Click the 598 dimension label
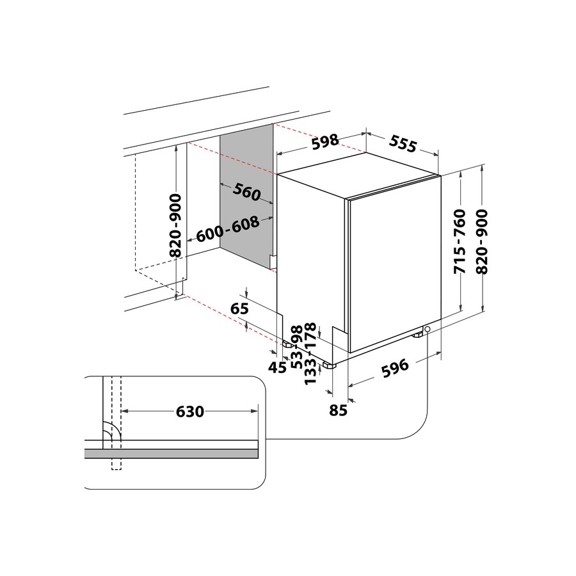click(325, 141)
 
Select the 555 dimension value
click(403, 143)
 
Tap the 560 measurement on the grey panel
click(246, 192)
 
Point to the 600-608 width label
click(228, 229)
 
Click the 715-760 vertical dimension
click(460, 241)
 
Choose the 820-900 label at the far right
click(481, 241)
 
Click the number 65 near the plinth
click(239, 308)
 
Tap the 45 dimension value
click(277, 367)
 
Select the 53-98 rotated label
click(297, 347)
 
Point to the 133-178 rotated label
click(311, 353)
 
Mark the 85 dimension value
click(338, 410)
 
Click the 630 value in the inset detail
click(189, 412)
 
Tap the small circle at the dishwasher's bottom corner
click(427, 329)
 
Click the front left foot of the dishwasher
click(329, 365)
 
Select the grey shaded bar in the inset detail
click(171, 453)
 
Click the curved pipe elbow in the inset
click(112, 431)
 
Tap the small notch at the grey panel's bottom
click(272, 261)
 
